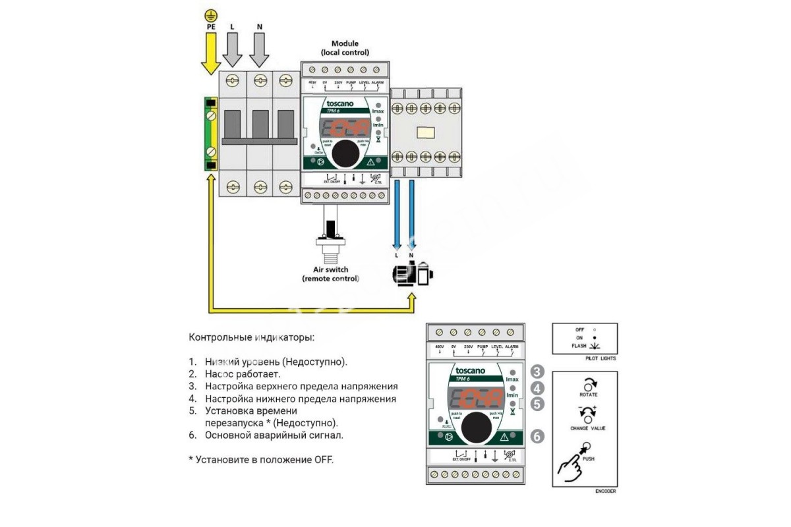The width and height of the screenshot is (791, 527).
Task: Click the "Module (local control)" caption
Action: pos(345,47)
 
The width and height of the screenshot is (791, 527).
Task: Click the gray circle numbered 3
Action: pos(537,371)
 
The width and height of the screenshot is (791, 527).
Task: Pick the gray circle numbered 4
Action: pos(537,388)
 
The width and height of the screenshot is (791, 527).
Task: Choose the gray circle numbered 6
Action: pos(537,435)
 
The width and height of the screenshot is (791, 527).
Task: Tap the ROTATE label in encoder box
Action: pos(587,395)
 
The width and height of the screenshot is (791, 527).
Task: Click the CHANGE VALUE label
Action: pos(587,428)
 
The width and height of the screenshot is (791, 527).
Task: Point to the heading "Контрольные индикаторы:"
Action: pos(252,338)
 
